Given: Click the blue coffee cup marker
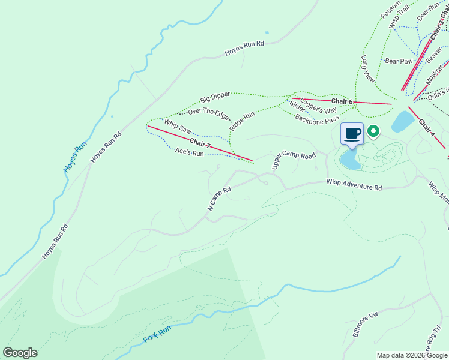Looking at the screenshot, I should tap(352, 133).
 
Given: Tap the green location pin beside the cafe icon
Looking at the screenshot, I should tap(373, 131).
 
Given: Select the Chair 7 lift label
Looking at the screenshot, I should tap(200, 143).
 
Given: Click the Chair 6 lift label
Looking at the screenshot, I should tap(342, 101).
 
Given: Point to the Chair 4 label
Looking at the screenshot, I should tap(426, 127).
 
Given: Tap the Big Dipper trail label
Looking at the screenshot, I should tap(215, 98).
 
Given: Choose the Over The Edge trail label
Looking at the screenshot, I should tap(208, 112).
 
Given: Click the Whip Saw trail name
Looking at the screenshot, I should tap(178, 127).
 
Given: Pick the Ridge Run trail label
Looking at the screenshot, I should tap(242, 121).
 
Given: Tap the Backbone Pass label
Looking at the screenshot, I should tap(317, 118).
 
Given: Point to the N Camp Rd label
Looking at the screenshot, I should tap(219, 199).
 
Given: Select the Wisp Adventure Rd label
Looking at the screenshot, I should tap(354, 185).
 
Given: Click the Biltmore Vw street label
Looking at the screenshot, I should tap(365, 325).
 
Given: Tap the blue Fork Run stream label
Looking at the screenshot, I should tap(157, 334).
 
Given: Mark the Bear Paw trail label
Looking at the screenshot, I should tap(399, 61).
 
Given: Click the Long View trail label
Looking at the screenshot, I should tap(368, 69).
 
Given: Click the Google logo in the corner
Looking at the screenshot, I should tap(20, 353).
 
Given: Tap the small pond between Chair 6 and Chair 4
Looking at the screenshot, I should tap(402, 121).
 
